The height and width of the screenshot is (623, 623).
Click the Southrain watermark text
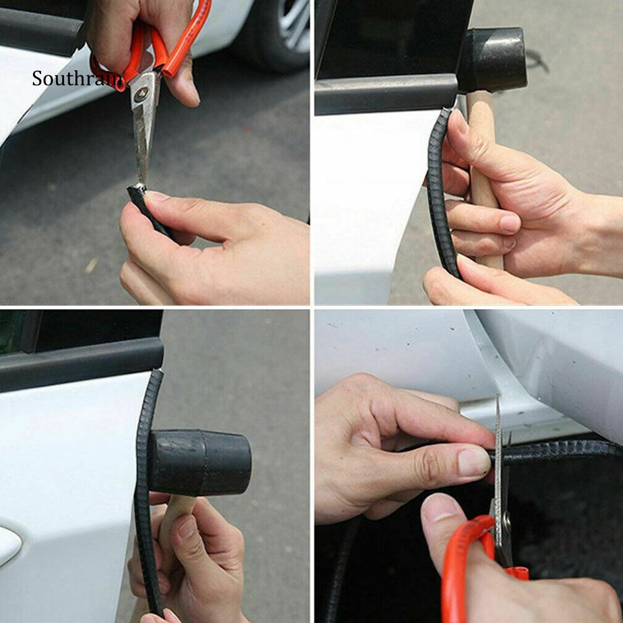pos(78,78)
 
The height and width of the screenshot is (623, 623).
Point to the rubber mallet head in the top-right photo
pos(493,60)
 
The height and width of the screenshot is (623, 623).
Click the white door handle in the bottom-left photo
pos(9,545)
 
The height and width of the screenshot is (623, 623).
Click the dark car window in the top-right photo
pos(393,38)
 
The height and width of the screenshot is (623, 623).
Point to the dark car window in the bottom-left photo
pos(80,332)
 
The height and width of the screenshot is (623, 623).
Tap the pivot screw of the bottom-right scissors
pos(507,518)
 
